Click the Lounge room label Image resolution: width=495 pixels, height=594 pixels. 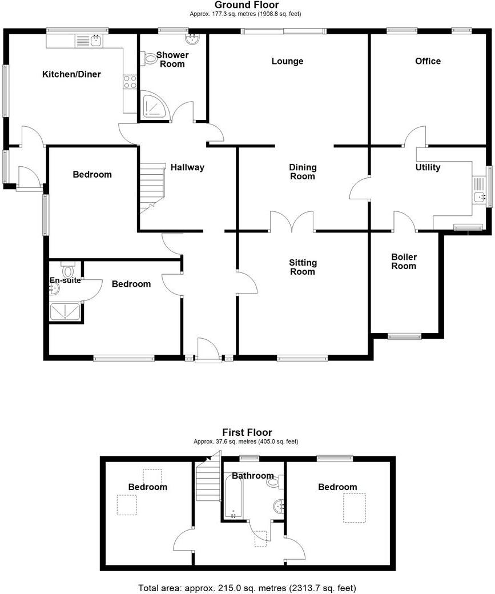point(287,61)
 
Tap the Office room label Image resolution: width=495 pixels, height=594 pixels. point(428,61)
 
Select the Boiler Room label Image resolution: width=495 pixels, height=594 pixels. point(404,262)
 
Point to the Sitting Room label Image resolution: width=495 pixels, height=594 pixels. point(303,267)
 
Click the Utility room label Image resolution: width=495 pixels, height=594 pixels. point(428,167)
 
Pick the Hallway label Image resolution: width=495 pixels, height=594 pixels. point(187,167)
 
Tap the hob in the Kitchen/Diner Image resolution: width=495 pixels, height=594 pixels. point(130,82)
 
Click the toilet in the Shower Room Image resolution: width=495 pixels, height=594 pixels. point(150,58)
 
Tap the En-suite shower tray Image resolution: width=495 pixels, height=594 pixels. point(66,311)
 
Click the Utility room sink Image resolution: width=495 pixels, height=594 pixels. point(479,196)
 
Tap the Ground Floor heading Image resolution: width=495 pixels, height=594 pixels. point(247,5)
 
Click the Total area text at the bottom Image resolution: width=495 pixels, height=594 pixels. point(247,587)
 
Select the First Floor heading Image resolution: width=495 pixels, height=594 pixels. point(247,432)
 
